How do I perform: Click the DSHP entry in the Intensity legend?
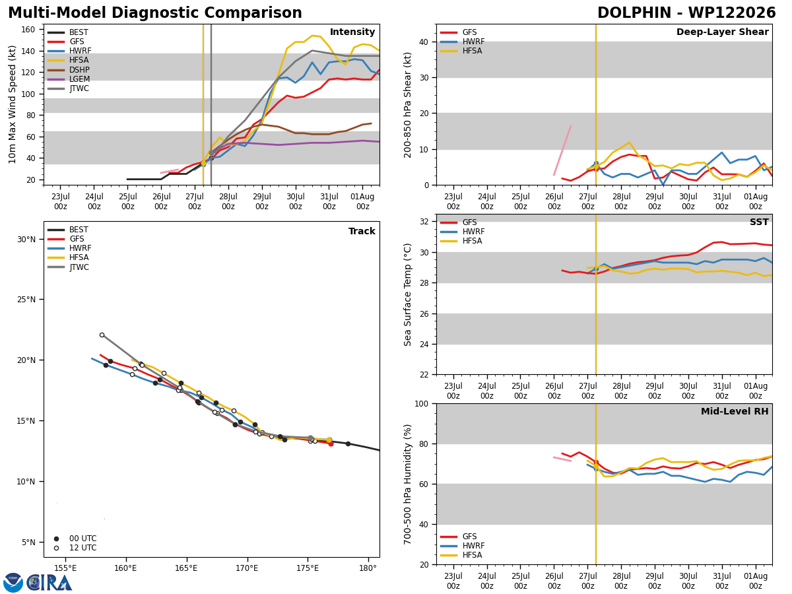(x=69, y=69)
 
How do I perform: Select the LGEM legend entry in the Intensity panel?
(x=69, y=79)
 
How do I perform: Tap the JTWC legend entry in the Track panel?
(x=68, y=267)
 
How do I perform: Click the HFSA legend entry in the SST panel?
(x=461, y=241)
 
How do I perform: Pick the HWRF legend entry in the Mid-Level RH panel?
(x=462, y=546)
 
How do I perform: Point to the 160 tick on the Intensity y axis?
(x=28, y=30)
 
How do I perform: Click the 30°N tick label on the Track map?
(x=26, y=240)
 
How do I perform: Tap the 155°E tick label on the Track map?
(x=65, y=568)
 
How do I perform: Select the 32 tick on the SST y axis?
(x=424, y=222)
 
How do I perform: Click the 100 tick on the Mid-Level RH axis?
(x=422, y=404)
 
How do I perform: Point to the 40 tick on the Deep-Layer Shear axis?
(x=424, y=42)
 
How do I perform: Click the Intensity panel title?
(x=352, y=32)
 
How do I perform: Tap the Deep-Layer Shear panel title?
(x=722, y=32)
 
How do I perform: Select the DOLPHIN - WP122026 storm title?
(x=686, y=13)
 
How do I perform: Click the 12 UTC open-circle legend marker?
(x=56, y=548)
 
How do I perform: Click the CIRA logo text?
(x=49, y=582)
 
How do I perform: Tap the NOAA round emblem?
(x=13, y=582)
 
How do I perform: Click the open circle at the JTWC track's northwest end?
(x=102, y=335)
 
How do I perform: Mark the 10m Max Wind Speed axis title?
(x=12, y=104)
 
